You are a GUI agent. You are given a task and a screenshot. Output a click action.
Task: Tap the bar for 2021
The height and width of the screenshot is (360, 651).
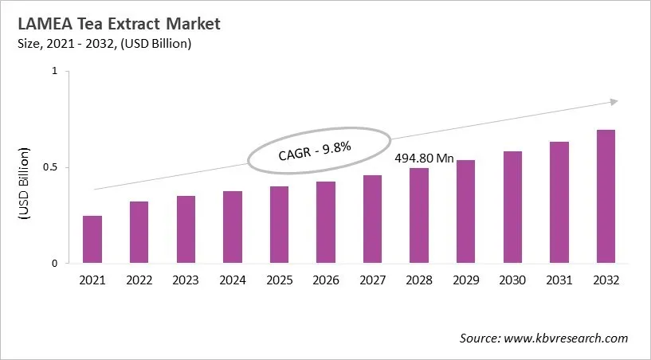pos(92,239)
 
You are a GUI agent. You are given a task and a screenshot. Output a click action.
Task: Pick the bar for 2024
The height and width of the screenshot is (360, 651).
pos(233,227)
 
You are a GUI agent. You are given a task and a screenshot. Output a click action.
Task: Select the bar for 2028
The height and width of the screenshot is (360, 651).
pos(419,215)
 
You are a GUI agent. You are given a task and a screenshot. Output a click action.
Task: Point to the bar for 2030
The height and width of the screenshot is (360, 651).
pos(512,207)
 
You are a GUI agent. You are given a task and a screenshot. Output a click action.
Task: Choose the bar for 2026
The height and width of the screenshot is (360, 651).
pos(326,222)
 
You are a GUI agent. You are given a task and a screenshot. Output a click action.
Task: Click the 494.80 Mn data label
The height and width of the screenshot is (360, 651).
pos(425,158)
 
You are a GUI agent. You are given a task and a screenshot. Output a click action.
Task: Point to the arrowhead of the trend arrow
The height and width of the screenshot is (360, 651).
pos(614,101)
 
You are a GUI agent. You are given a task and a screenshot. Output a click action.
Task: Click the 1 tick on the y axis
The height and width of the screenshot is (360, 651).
pos(55,72)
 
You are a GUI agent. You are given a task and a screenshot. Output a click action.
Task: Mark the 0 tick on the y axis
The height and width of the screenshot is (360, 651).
pos(55,264)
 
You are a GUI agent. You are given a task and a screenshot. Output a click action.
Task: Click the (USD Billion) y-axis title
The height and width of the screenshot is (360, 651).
pos(24,183)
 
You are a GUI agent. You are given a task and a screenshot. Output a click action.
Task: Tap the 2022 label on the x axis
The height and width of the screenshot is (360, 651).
pos(139,280)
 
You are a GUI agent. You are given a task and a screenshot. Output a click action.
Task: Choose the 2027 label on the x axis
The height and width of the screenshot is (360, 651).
pos(372,280)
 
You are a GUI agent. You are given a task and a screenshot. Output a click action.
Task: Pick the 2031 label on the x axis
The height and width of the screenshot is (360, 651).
pos(559,280)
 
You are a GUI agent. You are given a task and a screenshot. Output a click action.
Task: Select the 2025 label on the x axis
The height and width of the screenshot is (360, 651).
pos(279,280)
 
